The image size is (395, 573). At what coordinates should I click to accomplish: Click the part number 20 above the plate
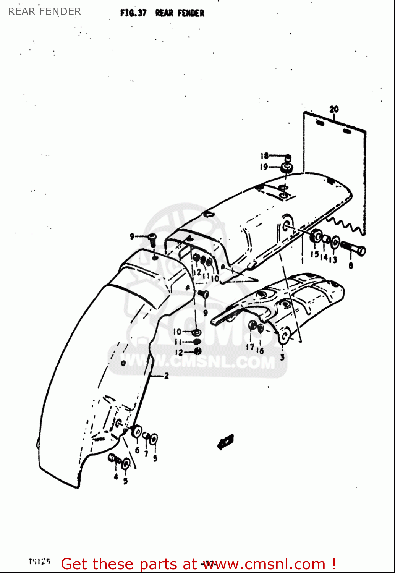click(334, 109)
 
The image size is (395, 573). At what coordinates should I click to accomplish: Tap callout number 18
click(264, 156)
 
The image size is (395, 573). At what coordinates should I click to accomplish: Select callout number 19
click(264, 167)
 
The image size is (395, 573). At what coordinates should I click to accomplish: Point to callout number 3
click(282, 357)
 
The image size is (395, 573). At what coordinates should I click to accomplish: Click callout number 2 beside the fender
click(166, 376)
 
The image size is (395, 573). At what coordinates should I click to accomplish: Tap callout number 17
click(250, 347)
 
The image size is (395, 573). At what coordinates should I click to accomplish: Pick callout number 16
click(260, 350)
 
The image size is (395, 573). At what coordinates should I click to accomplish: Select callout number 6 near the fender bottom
click(137, 450)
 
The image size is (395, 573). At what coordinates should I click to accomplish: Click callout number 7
click(146, 453)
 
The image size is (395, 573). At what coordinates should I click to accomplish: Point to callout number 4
click(116, 476)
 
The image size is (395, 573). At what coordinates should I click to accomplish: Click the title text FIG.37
click(133, 13)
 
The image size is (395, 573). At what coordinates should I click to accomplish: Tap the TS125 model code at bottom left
click(39, 562)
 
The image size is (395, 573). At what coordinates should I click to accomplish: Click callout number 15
click(314, 254)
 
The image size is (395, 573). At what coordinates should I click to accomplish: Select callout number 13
click(333, 260)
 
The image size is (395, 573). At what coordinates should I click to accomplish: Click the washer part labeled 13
click(335, 242)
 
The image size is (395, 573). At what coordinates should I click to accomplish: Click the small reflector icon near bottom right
click(225, 442)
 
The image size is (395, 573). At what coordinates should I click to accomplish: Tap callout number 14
click(324, 257)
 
